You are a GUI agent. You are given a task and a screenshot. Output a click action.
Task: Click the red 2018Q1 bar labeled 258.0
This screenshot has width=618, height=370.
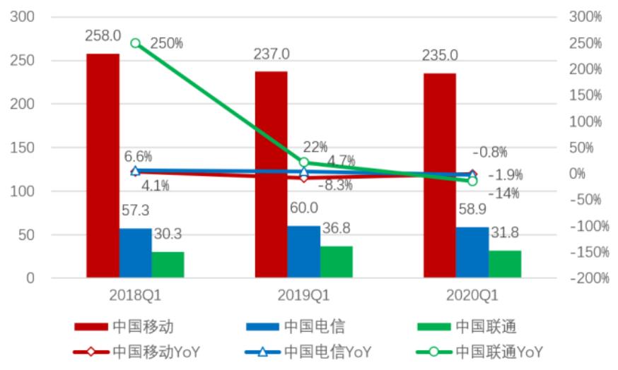103,166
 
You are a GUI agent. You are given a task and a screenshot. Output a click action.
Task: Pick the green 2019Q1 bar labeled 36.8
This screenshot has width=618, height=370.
336,262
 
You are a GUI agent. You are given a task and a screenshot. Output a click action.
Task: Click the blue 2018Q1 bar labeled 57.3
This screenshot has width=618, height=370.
135,253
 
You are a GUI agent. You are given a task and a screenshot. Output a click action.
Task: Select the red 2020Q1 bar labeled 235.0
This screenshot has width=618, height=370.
440,176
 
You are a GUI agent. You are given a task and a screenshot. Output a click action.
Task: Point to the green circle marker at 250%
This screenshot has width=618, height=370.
136,44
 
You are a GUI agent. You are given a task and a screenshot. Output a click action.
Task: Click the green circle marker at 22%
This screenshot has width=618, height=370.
304,162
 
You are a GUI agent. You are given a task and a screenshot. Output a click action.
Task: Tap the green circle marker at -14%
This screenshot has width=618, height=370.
472,181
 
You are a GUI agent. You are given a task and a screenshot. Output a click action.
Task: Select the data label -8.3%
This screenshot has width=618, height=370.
335,186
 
